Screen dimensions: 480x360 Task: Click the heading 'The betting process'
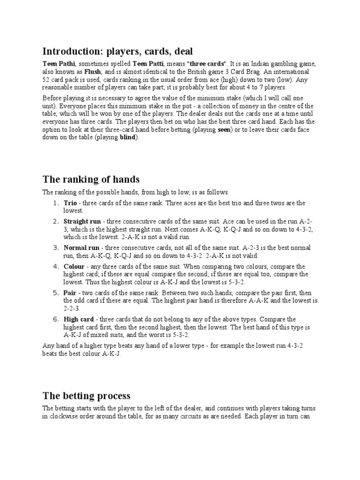[x=86, y=382]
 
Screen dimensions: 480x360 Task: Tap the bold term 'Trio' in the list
[x=70, y=203]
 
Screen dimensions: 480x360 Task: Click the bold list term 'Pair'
[x=70, y=292]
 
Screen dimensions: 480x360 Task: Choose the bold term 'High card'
[x=79, y=319]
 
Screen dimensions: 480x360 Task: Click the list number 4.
[x=54, y=266]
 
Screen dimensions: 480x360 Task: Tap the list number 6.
[x=54, y=319]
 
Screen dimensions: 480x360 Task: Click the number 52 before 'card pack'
[x=46, y=80]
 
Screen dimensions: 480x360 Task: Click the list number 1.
[x=54, y=203]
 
